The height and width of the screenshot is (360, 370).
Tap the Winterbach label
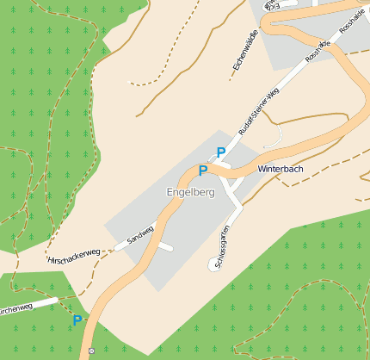pyautogui.click(x=281, y=169)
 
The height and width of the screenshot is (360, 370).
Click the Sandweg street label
pyautogui.click(x=139, y=233)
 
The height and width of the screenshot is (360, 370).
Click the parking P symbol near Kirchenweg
pyautogui.click(x=77, y=320)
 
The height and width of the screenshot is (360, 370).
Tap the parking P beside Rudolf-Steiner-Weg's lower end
pyautogui.click(x=221, y=152)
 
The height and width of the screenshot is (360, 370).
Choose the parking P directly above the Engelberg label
pyautogui.click(x=203, y=171)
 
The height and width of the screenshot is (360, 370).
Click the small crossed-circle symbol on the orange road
pyautogui.click(x=91, y=351)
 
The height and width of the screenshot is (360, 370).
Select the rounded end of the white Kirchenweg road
pyautogui.click(x=56, y=301)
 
